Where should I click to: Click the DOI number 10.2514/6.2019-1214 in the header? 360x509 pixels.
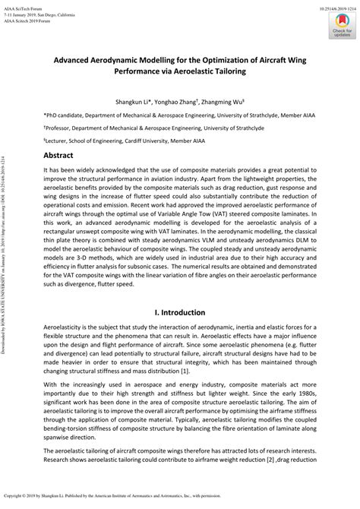point(330,5)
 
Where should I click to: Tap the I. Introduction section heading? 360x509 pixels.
point(179,312)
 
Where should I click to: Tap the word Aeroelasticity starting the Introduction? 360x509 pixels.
point(66,333)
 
